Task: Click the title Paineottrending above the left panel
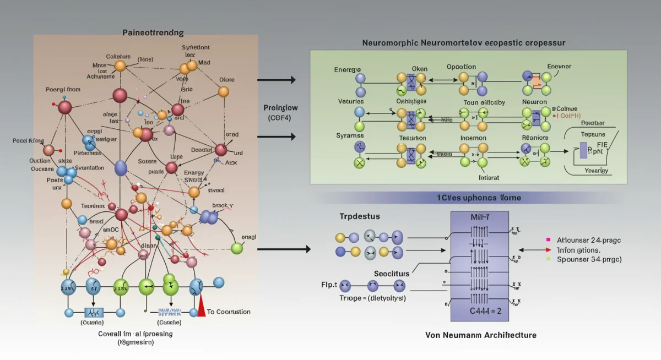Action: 153,32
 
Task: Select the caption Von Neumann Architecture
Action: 481,335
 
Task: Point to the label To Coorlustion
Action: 228,312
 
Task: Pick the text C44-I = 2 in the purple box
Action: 480,310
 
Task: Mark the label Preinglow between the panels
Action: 281,108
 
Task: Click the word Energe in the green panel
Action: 348,69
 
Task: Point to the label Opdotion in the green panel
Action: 461,67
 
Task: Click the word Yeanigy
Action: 595,171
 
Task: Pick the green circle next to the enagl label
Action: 237,248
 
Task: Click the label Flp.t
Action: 329,285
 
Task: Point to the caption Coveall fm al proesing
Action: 136,334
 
